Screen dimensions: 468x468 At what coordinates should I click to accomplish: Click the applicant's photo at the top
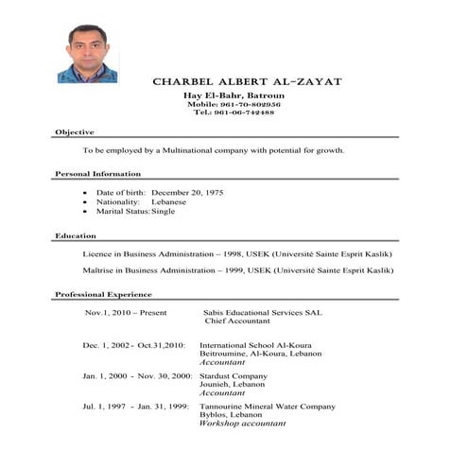pyautogui.click(x=87, y=53)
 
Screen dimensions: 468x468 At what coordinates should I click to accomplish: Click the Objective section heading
pyautogui.click(x=74, y=131)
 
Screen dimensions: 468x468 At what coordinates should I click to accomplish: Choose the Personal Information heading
pyautogui.click(x=97, y=174)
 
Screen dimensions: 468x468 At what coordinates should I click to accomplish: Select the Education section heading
pyautogui.click(x=75, y=235)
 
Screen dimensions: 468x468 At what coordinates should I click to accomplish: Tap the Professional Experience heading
pyautogui.click(x=103, y=295)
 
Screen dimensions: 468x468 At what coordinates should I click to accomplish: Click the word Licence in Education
pyautogui.click(x=97, y=254)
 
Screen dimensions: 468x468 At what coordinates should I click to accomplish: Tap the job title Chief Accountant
pyautogui.click(x=236, y=321)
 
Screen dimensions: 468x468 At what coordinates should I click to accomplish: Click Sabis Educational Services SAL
pyautogui.click(x=262, y=312)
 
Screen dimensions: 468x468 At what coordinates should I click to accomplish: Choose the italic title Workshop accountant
pyautogui.click(x=242, y=424)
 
